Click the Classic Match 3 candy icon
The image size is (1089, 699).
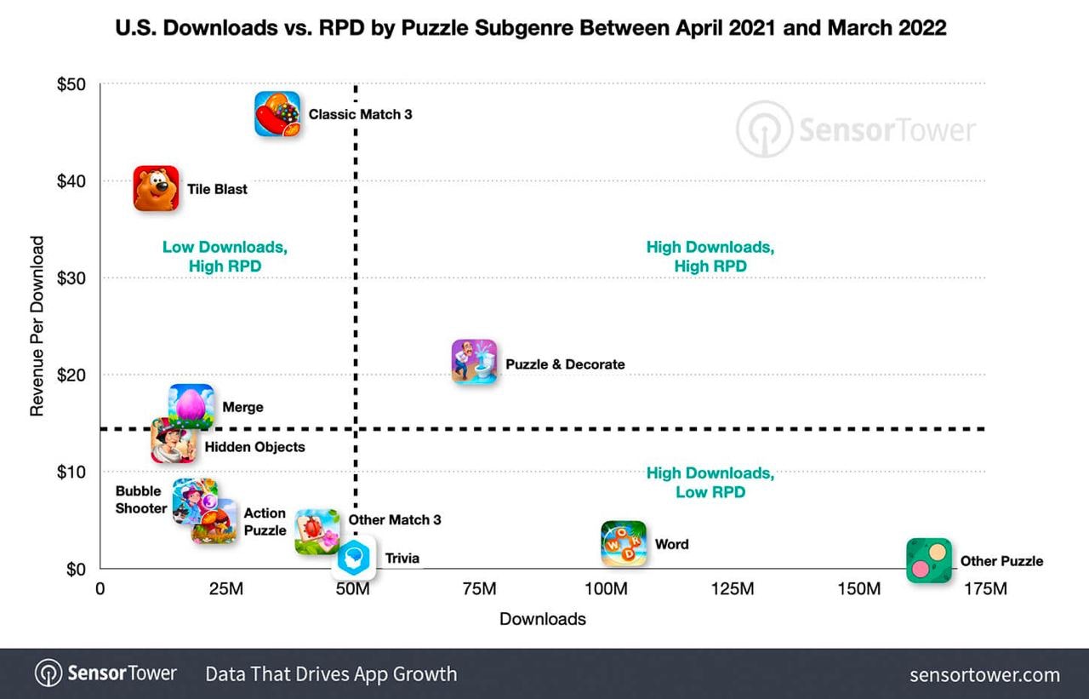coord(277,114)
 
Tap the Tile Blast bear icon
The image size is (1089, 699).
coord(156,188)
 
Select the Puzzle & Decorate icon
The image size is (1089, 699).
coord(474,361)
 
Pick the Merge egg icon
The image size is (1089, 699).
coord(191,405)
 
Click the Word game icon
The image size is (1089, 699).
coord(624,543)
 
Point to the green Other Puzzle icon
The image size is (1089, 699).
coord(928,560)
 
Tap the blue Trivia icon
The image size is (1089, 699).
coord(354,558)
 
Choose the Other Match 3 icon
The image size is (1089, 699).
coord(317,531)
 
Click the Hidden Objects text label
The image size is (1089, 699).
coord(254,446)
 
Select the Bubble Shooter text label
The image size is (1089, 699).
coord(141,500)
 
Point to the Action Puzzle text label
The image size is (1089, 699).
coord(265,522)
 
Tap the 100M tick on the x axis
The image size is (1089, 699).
coord(606,589)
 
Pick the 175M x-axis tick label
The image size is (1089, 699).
coord(984,589)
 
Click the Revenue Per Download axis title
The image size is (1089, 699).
coord(37,326)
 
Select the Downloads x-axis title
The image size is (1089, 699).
coord(543,619)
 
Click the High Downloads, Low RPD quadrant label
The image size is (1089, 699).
coord(710,483)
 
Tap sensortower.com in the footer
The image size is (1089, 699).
coord(984,675)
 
